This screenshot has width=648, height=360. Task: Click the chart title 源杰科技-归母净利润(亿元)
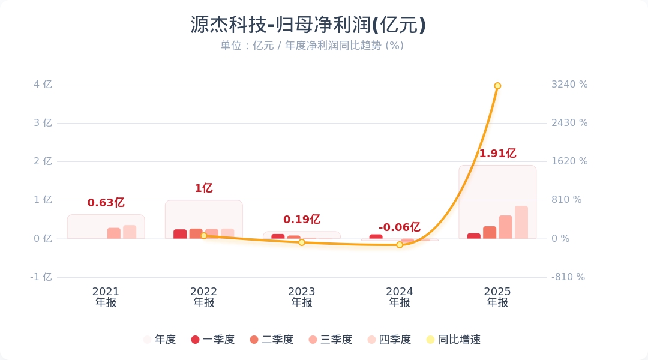click(x=308, y=25)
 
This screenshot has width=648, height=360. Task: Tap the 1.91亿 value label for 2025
click(x=497, y=154)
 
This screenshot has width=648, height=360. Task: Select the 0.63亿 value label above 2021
click(x=106, y=203)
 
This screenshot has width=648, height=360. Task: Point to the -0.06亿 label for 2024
click(x=399, y=227)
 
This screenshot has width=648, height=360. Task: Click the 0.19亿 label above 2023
click(x=301, y=220)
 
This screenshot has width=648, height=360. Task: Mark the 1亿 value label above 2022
click(x=203, y=188)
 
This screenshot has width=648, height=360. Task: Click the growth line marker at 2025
click(x=497, y=86)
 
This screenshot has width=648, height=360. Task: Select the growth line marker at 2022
click(x=203, y=236)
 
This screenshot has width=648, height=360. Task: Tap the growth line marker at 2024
click(x=400, y=245)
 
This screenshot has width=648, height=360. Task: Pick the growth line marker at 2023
click(x=302, y=242)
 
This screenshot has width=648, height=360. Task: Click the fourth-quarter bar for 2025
click(x=521, y=222)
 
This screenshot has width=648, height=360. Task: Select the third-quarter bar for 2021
click(x=114, y=233)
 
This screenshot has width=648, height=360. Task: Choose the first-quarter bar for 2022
click(x=180, y=234)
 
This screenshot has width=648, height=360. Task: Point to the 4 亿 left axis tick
click(x=43, y=85)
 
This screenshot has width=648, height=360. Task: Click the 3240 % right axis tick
click(x=569, y=85)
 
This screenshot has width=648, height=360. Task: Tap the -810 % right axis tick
click(x=568, y=277)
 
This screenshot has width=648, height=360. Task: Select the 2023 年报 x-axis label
click(x=302, y=297)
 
